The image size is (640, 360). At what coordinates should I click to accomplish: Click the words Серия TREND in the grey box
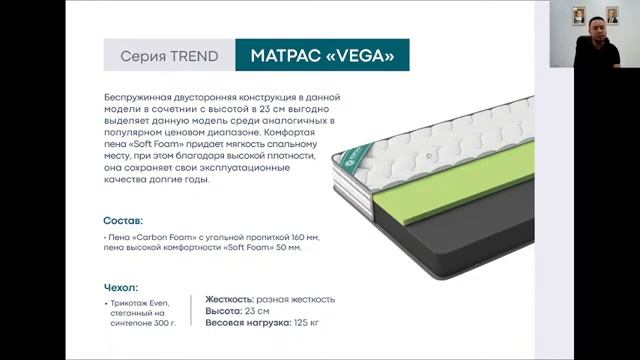point(169,56)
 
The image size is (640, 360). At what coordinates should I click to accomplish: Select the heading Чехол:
point(120,287)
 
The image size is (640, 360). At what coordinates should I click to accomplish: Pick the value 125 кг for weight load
point(307,323)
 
